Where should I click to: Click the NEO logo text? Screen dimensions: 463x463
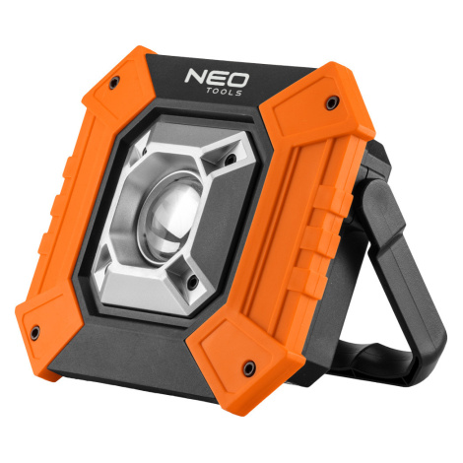point(217,79)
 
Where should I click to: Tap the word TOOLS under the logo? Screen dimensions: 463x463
point(225,92)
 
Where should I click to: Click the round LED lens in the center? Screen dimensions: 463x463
point(171,216)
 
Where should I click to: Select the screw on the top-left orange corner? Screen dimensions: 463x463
point(113,82)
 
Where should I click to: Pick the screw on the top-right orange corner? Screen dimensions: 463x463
point(332,102)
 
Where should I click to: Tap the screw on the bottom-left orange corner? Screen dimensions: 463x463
point(34,333)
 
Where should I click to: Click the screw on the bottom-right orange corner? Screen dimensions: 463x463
point(248,367)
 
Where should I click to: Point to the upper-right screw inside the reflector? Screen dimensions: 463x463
point(231,160)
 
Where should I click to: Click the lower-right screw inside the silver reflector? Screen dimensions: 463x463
point(193,283)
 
